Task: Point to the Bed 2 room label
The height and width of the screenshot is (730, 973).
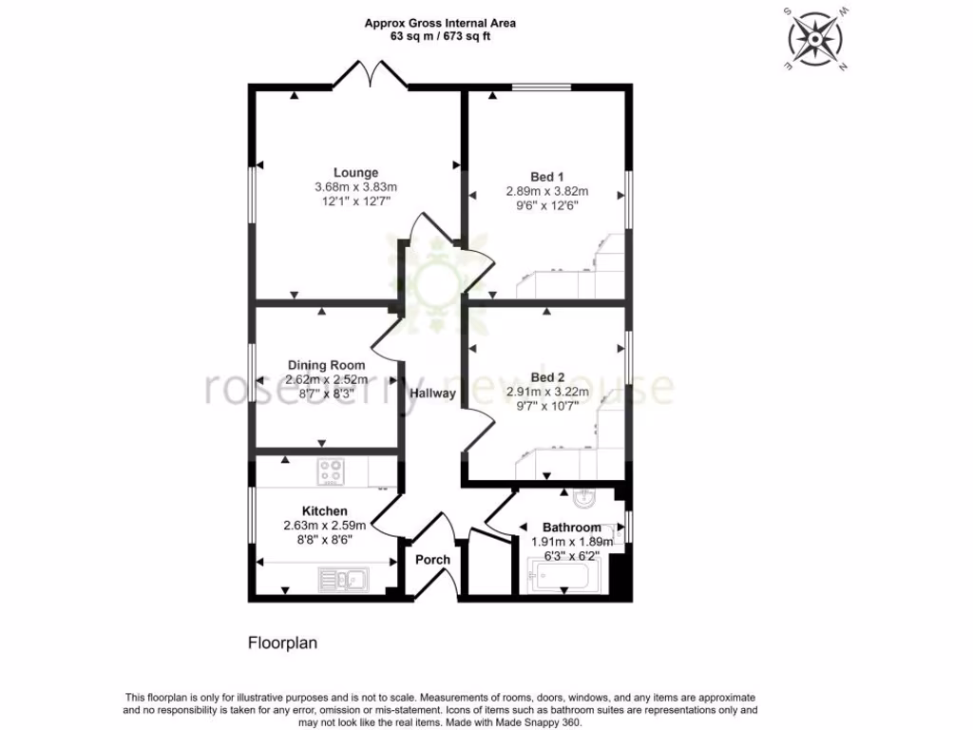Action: (x=547, y=377)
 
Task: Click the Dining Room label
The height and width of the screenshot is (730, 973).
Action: (x=326, y=365)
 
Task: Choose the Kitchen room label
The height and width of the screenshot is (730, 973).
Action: (x=325, y=511)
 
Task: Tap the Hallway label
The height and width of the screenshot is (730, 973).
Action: (x=432, y=393)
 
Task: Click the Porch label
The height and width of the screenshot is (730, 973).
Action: (x=432, y=559)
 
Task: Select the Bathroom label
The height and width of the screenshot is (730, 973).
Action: (x=571, y=528)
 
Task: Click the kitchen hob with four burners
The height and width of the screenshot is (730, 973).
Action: (x=332, y=471)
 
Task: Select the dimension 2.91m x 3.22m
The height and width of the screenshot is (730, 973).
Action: (x=547, y=392)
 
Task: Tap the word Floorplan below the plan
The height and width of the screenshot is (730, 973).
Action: (x=282, y=644)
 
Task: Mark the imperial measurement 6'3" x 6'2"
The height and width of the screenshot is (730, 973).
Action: (x=571, y=556)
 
